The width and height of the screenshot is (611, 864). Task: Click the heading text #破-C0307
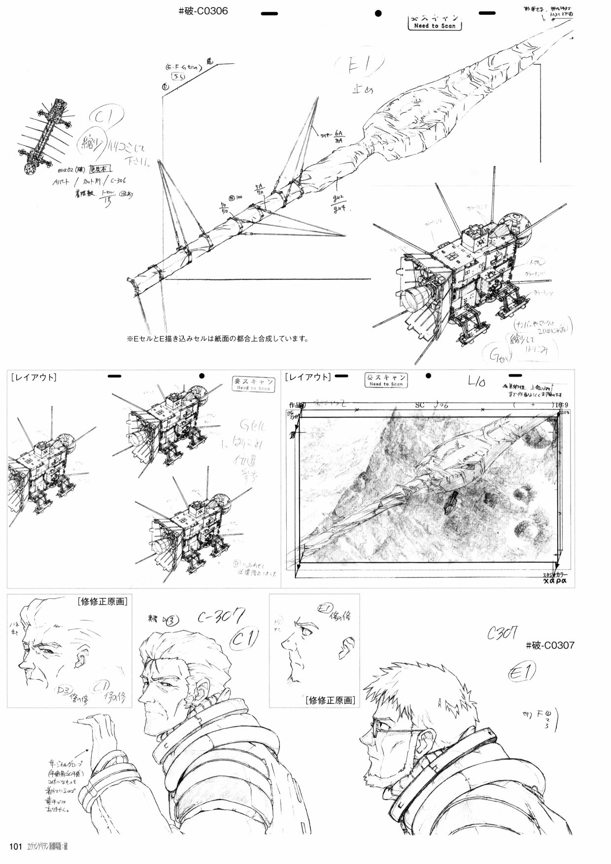(550, 646)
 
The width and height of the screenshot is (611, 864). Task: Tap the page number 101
(16, 846)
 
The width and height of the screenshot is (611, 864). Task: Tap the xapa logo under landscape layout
(554, 582)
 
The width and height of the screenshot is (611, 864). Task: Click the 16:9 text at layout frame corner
(561, 405)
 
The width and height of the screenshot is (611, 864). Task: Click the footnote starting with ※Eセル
(217, 339)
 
